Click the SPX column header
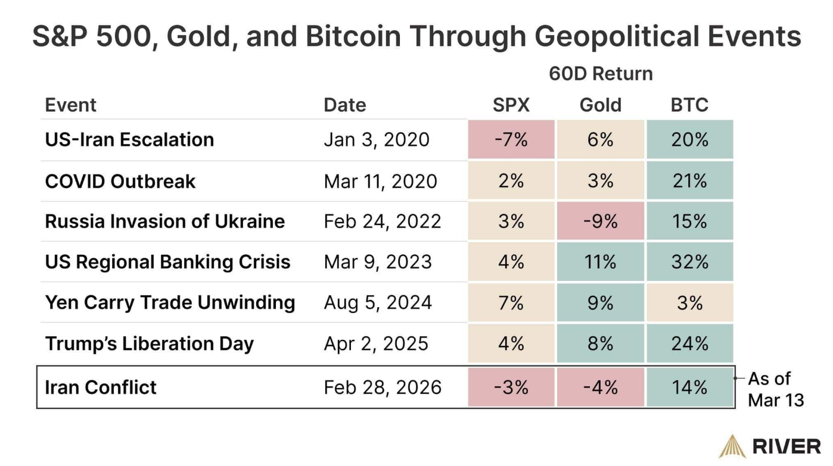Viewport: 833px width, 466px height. coord(511,105)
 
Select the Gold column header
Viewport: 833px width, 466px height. coord(600,105)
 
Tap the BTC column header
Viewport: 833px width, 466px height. coord(689,105)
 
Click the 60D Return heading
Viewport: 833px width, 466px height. coord(600,74)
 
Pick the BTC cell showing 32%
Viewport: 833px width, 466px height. coord(689,262)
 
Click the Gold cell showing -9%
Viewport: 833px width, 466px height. coord(600,221)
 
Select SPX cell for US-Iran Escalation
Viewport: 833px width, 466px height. coord(511,140)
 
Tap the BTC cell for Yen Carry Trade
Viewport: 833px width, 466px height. coord(689,303)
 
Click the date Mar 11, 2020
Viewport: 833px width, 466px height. coord(380,181)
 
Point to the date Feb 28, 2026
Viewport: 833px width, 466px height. coord(383,387)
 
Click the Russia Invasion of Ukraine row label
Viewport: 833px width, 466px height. coord(165,221)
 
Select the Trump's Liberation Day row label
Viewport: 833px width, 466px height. coord(150,344)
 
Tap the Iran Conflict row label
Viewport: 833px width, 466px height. coord(101,387)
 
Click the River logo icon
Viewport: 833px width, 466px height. coord(732,446)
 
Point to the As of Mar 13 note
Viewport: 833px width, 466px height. coord(775,389)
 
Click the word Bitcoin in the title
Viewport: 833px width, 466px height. coord(353,37)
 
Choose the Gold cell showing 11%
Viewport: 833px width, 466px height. coord(600,262)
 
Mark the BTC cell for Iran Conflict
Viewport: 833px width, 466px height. coord(689,387)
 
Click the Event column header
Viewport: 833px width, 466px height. coord(70,105)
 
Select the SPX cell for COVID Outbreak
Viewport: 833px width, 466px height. coord(511,181)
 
